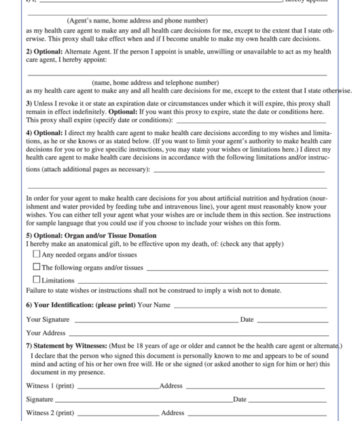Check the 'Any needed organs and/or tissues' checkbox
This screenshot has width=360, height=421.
coord(37,255)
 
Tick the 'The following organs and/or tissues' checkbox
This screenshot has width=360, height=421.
coord(37,267)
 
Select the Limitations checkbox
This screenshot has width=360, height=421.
coord(37,280)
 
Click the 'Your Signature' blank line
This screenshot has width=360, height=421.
coord(156,319)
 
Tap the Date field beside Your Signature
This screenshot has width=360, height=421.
coord(292,319)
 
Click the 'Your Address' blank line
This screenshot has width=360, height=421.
coord(198,333)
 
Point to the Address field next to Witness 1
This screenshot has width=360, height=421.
coord(255,386)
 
